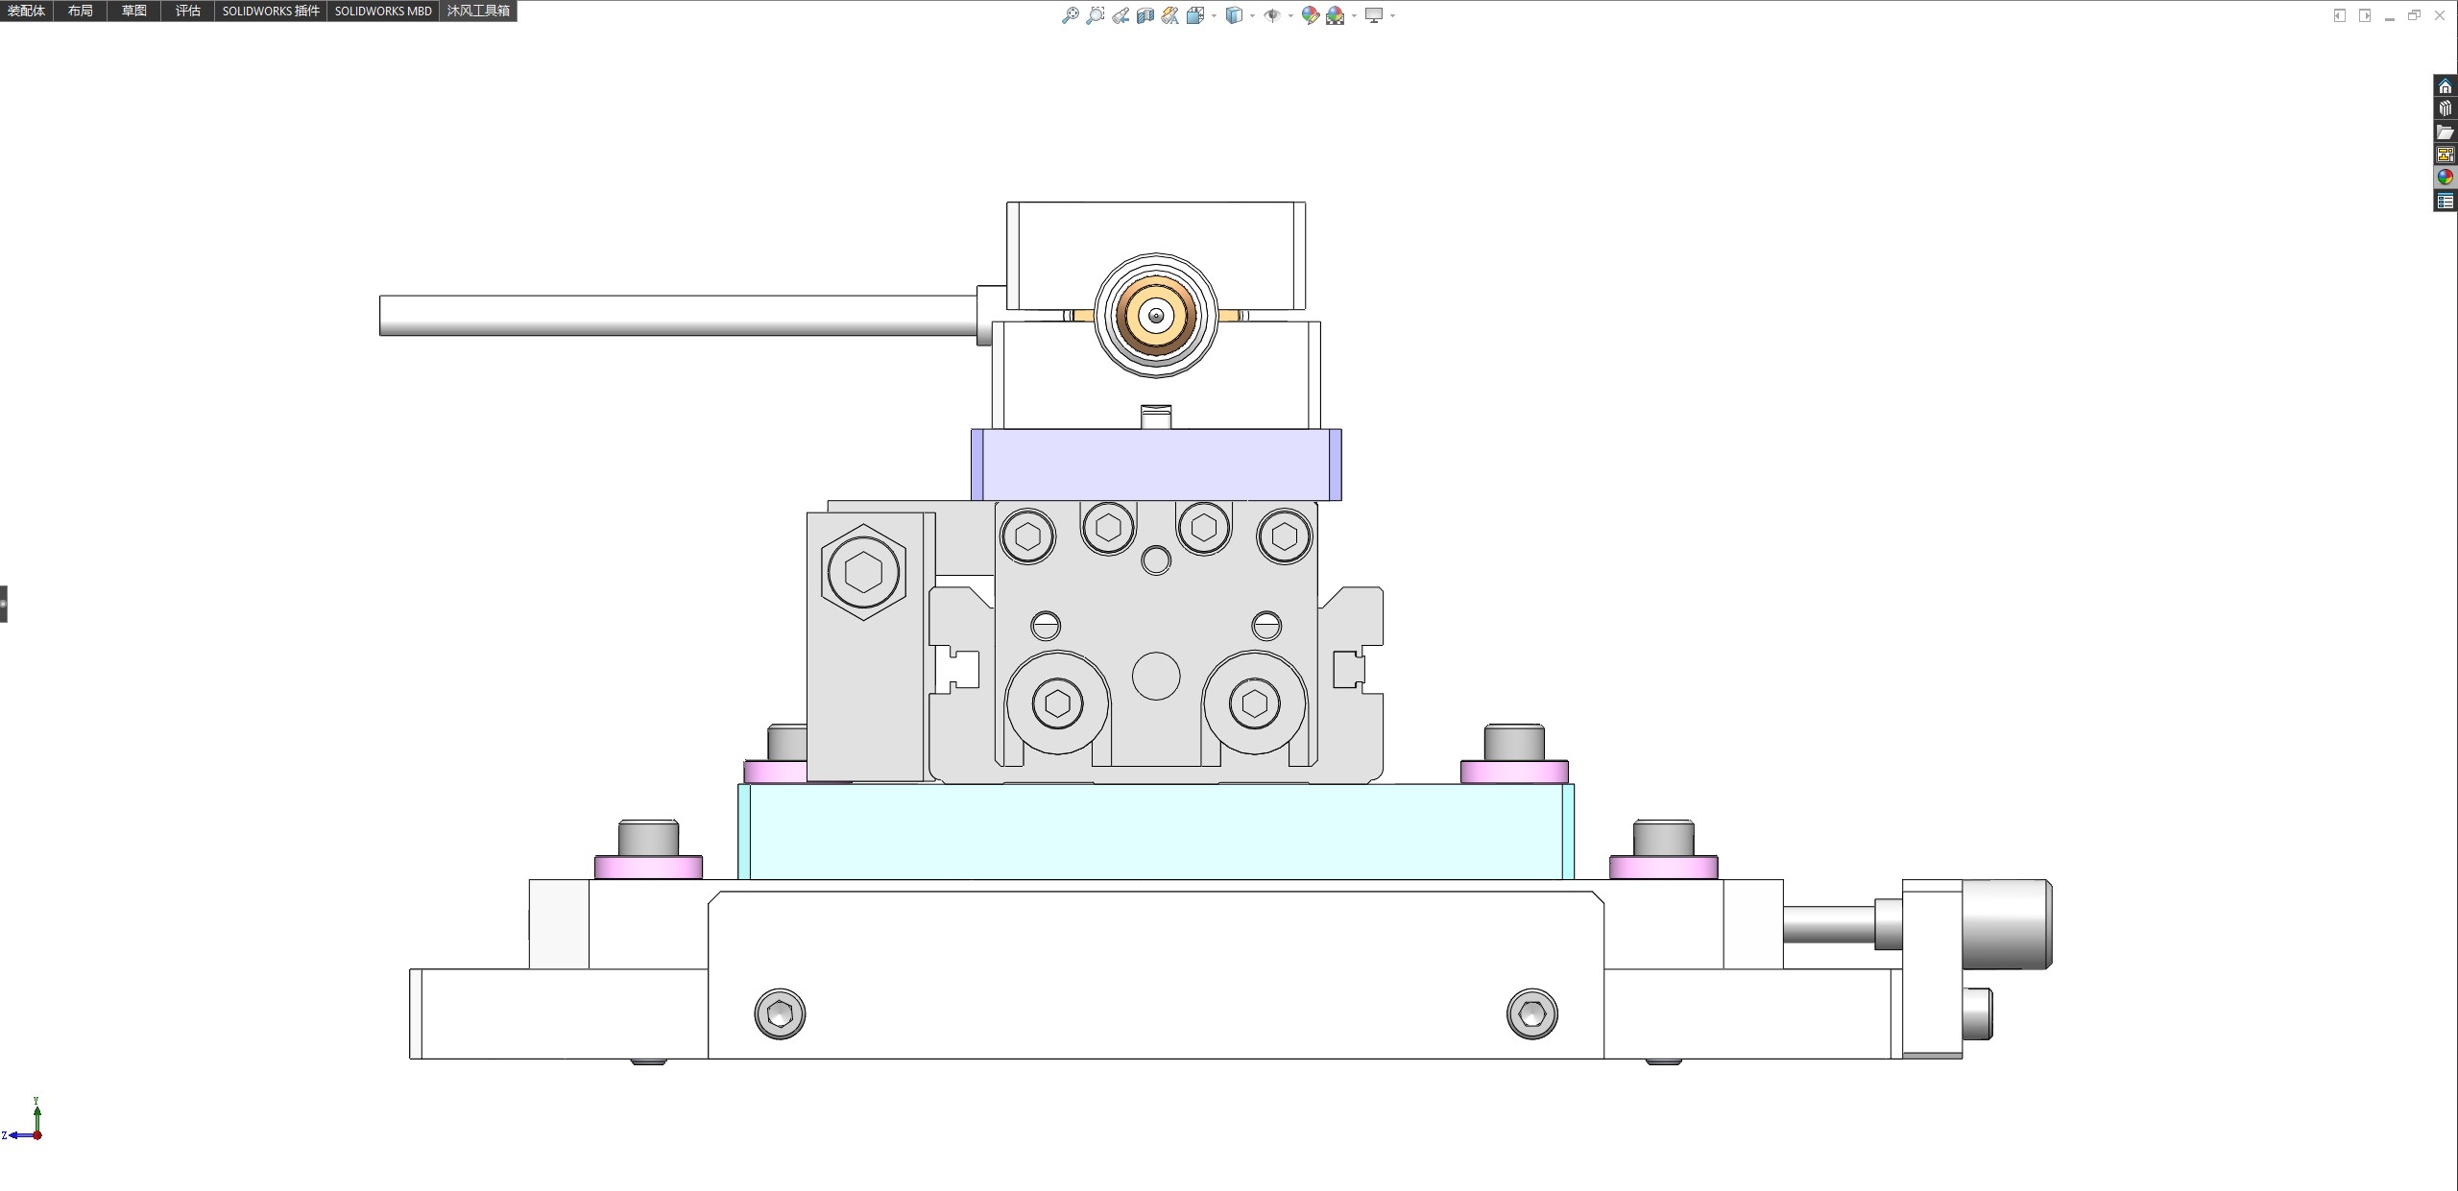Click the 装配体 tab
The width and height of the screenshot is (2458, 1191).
click(x=26, y=11)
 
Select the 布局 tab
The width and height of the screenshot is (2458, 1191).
click(x=81, y=11)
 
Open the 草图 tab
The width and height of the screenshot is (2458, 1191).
click(x=134, y=11)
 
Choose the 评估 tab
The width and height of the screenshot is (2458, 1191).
click(x=188, y=11)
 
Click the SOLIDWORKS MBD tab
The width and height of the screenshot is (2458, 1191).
click(x=383, y=11)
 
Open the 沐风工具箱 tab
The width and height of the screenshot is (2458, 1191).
click(x=478, y=11)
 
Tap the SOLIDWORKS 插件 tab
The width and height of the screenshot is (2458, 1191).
click(x=271, y=11)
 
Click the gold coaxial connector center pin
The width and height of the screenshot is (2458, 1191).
click(x=1156, y=316)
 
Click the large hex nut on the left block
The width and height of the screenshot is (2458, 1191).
click(x=863, y=572)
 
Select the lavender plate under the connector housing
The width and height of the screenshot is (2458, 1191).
click(x=1156, y=464)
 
